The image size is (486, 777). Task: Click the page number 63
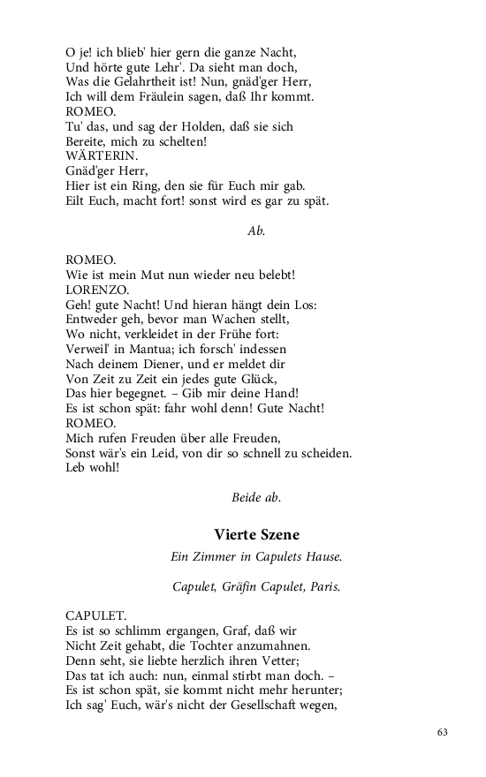coord(443,732)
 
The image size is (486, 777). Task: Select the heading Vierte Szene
coord(256,534)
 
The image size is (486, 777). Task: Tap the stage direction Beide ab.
coord(256,497)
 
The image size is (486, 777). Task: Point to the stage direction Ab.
coord(256,230)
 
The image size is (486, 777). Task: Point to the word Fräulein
coord(182,95)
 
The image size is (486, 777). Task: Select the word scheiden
coord(323,454)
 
